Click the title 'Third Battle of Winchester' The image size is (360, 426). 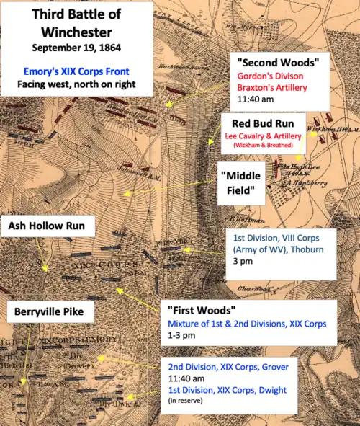click(x=76, y=23)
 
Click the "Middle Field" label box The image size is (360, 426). click(x=241, y=183)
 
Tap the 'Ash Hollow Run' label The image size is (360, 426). click(x=47, y=226)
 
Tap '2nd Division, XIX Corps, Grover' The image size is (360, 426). click(x=224, y=367)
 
